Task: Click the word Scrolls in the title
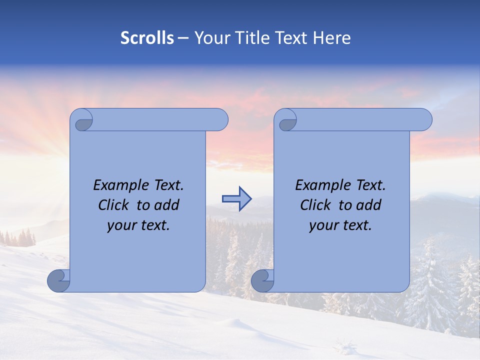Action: tap(147, 38)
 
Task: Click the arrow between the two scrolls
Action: tap(236, 199)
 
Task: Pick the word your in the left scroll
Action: tap(120, 225)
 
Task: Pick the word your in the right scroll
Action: tap(322, 225)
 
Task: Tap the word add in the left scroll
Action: tap(166, 205)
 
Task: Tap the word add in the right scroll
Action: tap(368, 205)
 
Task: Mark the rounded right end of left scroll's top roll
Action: tap(220, 120)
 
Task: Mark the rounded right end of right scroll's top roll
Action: tap(424, 120)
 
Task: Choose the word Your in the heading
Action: tap(210, 38)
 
